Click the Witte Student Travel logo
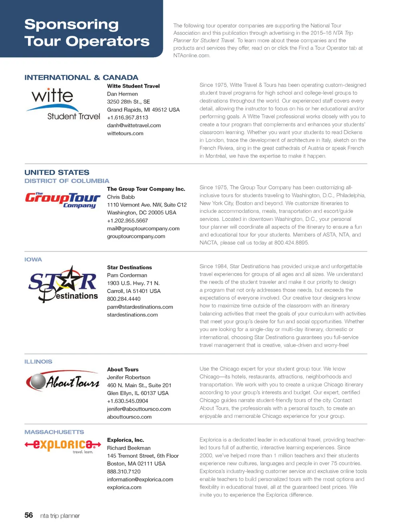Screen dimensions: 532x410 (64, 104)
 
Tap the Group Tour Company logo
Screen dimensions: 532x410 (62, 200)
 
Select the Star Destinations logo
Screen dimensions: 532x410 (63, 283)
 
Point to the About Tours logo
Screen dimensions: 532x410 (62, 381)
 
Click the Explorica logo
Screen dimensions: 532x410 (62, 445)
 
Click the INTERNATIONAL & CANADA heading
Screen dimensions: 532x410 (81, 78)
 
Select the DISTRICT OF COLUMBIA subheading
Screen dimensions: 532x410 (67, 181)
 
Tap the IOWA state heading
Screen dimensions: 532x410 (33, 259)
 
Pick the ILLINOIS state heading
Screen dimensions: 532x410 (38, 361)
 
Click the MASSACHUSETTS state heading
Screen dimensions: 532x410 (54, 432)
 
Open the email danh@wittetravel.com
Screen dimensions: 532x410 (134, 125)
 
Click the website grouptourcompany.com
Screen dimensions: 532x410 (136, 236)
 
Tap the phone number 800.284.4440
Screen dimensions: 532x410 (124, 299)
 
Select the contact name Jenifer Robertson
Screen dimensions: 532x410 (129, 377)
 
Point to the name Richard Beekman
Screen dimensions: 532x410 (129, 448)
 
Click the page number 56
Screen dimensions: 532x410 (29, 515)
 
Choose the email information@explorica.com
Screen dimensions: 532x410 (140, 479)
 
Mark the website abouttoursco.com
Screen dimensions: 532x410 (129, 417)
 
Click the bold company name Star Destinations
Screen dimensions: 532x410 (129, 267)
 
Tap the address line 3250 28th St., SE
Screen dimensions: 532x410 (128, 102)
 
